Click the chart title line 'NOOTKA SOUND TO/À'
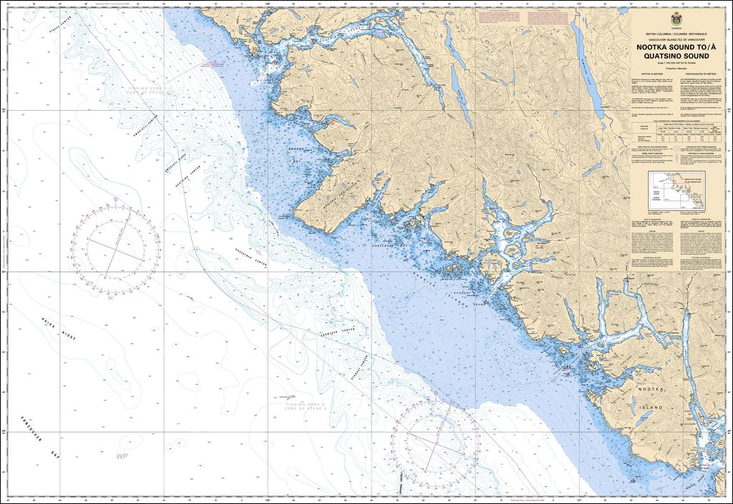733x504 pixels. [676, 47]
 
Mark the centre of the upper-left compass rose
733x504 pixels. [115, 243]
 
